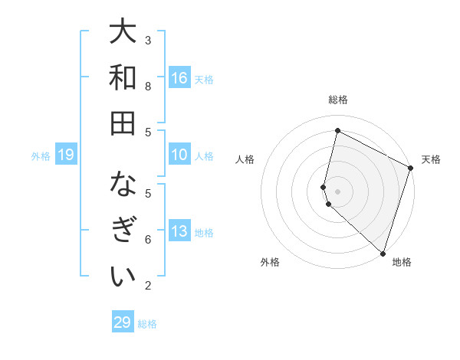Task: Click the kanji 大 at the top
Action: (x=123, y=32)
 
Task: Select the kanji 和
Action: (x=123, y=77)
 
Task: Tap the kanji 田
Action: (x=123, y=123)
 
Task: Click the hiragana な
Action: (x=123, y=185)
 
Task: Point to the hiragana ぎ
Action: (x=123, y=231)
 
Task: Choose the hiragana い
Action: (x=123, y=276)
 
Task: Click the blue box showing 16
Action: (x=179, y=77)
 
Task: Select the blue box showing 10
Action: (x=179, y=155)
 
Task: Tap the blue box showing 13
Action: (x=179, y=231)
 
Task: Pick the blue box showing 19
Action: (x=66, y=155)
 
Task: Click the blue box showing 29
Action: (x=123, y=322)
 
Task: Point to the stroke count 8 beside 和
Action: (x=148, y=86)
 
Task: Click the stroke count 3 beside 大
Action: (x=148, y=40)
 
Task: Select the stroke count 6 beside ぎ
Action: (x=148, y=239)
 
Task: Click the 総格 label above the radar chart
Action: (x=338, y=100)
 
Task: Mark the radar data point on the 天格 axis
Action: (x=411, y=169)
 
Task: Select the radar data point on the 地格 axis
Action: (x=382, y=253)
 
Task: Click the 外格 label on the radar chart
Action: (x=270, y=262)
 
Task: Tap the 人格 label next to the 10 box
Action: (x=204, y=155)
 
